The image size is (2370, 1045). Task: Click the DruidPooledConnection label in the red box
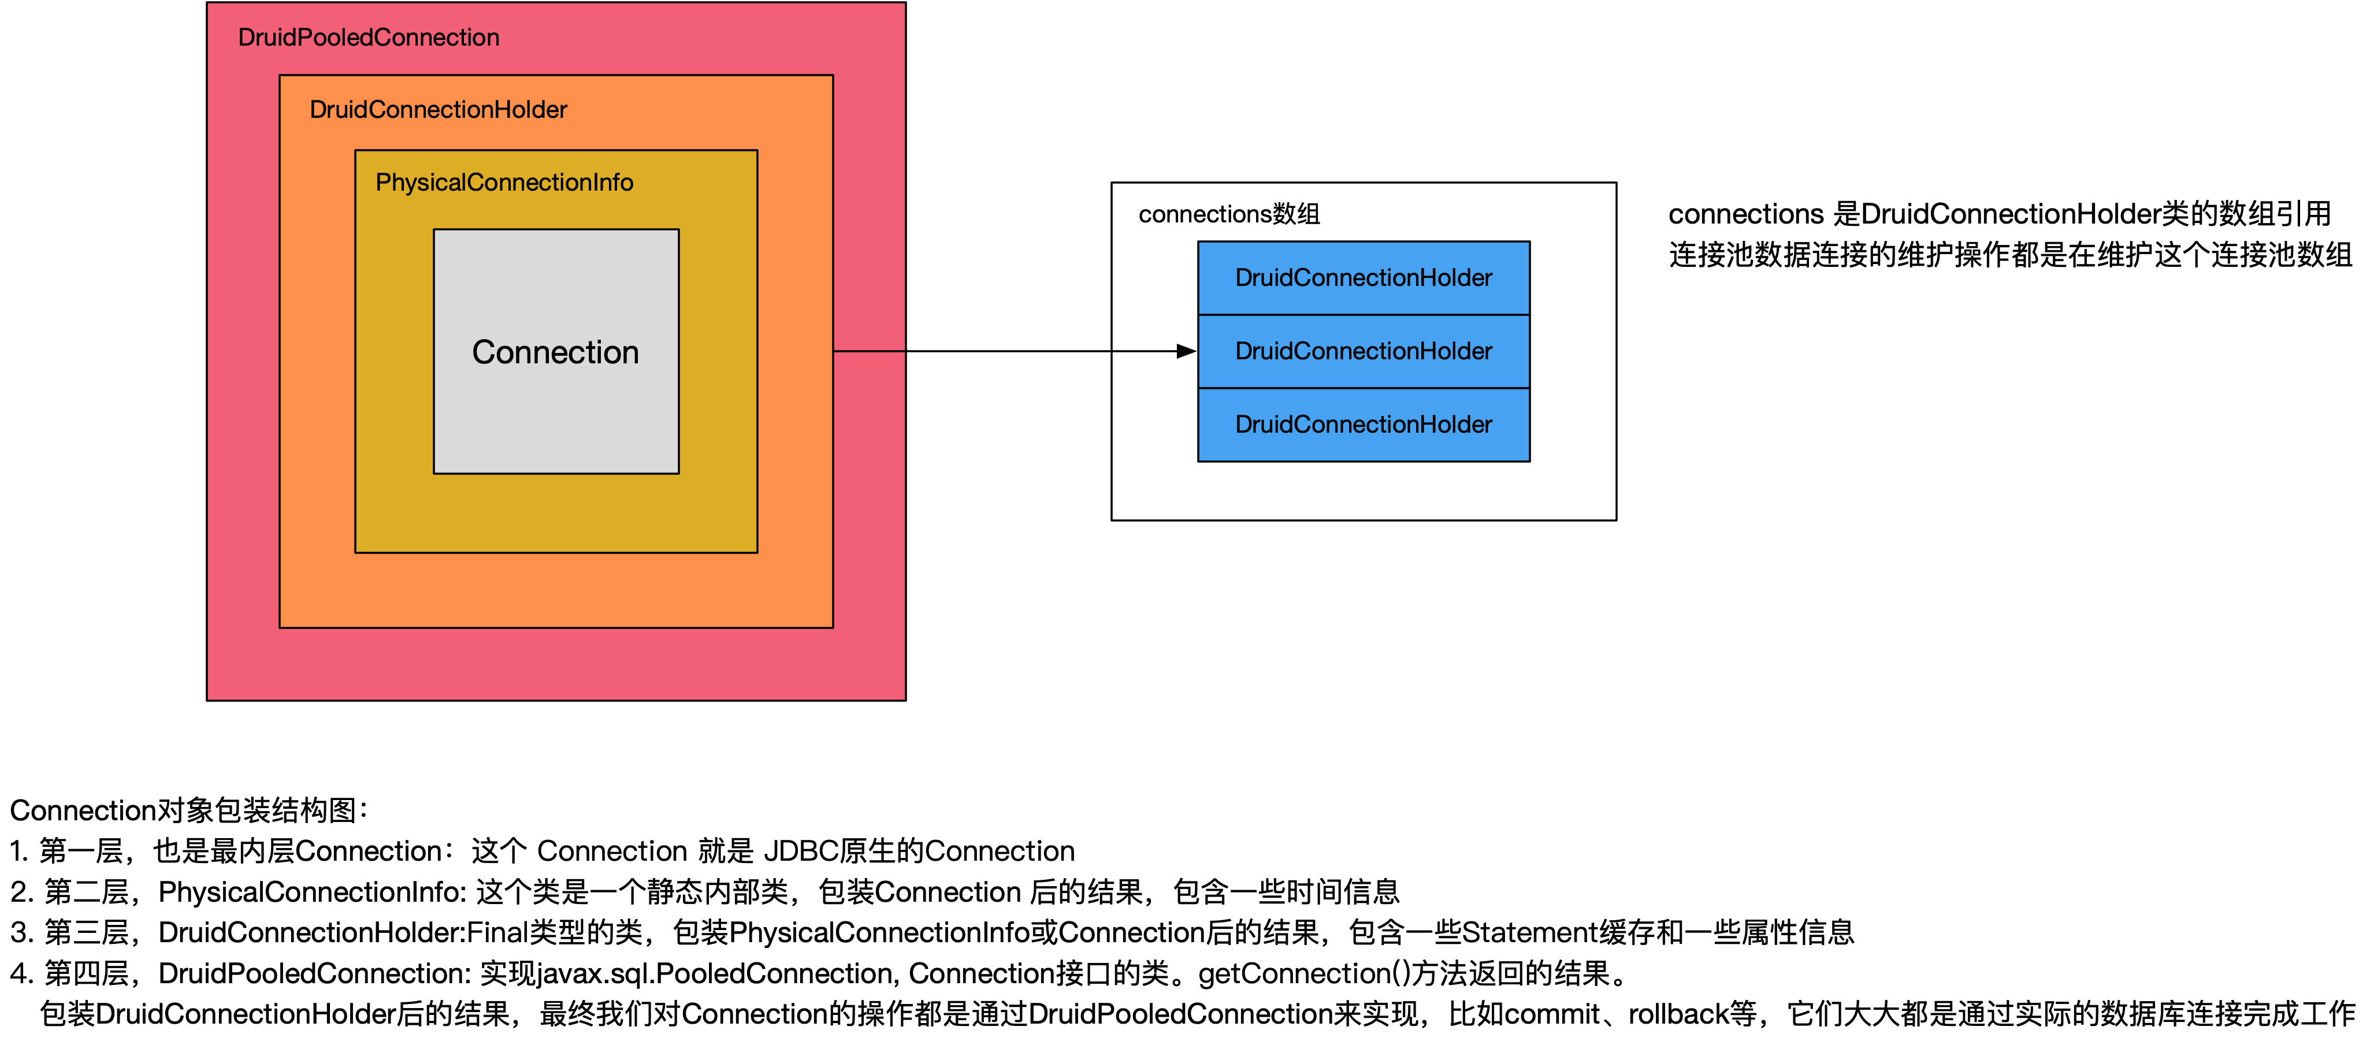(368, 38)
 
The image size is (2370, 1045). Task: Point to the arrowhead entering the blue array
(1186, 351)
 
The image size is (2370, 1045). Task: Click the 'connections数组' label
(1228, 214)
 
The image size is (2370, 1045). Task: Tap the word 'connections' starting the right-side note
(1745, 214)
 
